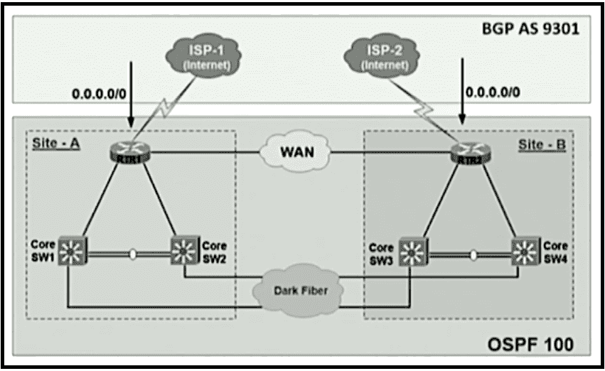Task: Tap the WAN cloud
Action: tap(294, 153)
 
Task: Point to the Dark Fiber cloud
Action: tap(294, 290)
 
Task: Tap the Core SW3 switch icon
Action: tap(410, 251)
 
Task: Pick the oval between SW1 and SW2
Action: tap(132, 254)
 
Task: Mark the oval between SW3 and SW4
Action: tap(473, 254)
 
